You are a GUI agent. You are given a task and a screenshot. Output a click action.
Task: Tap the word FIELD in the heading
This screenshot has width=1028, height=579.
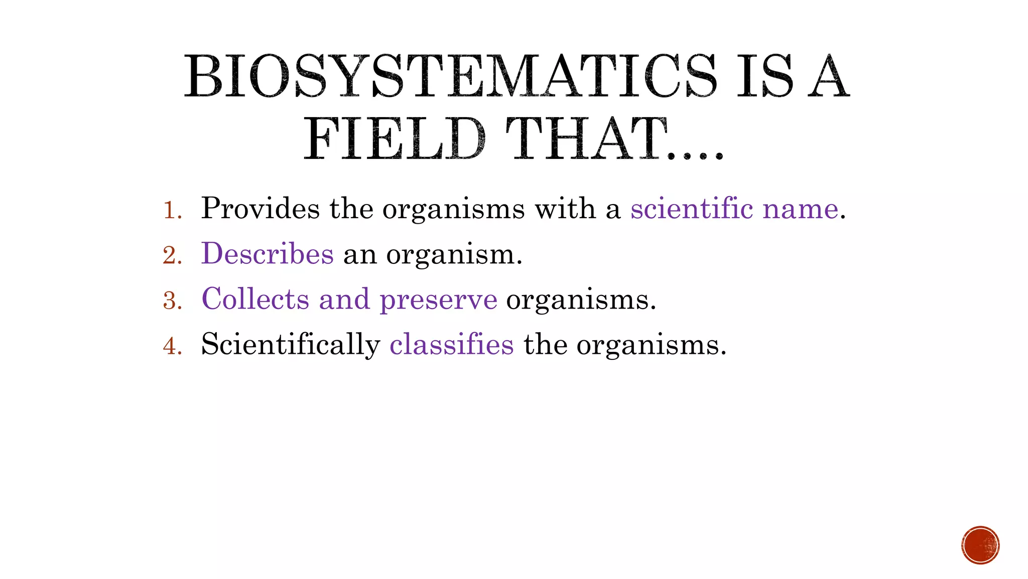[x=394, y=139]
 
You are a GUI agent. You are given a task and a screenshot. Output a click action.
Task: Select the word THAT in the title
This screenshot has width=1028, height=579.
[x=587, y=139]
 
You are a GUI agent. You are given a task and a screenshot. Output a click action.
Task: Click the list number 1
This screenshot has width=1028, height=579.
[x=172, y=210]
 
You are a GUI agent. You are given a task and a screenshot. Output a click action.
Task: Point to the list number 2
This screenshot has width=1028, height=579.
[x=172, y=255]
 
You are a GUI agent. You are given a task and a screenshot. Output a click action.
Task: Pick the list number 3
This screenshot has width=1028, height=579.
[x=172, y=301]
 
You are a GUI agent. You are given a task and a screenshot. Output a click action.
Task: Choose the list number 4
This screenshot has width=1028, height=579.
[x=172, y=346]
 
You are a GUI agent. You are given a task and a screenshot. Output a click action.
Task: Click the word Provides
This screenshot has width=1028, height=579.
[x=260, y=209]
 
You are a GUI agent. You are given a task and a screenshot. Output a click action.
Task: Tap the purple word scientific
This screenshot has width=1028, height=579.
[x=692, y=209]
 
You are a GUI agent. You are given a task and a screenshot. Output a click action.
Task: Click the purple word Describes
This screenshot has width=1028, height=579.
[x=268, y=253]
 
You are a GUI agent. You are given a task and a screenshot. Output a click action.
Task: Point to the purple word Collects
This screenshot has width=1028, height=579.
[x=255, y=299]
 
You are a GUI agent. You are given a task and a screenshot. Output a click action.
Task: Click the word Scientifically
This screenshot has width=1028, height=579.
[x=291, y=345]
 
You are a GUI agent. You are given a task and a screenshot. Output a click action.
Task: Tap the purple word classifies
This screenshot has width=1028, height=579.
[x=452, y=344]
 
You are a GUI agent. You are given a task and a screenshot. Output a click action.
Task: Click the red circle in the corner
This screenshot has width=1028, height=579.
[x=980, y=545]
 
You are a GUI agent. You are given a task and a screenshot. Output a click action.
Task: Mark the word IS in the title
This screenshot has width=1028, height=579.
[x=764, y=76]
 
